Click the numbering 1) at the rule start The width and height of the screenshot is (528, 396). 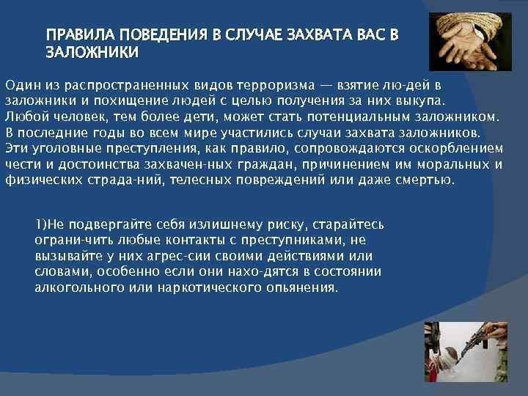[x=41, y=224]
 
